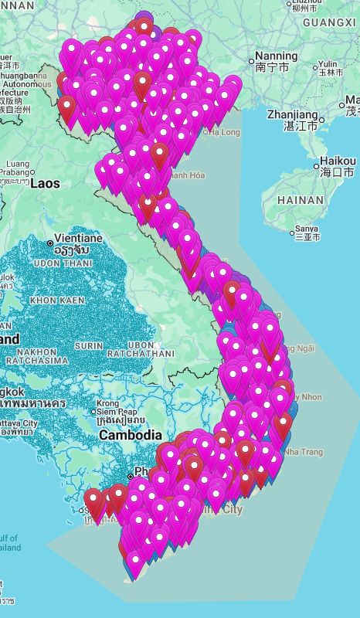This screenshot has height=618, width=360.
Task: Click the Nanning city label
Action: [x=277, y=56]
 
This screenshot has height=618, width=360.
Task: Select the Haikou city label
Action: [x=337, y=161]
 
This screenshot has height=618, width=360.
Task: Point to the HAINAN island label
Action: [x=300, y=199]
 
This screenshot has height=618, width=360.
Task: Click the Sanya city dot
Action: [x=293, y=232]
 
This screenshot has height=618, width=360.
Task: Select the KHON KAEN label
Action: [x=57, y=299]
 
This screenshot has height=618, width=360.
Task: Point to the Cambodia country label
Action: [x=130, y=435]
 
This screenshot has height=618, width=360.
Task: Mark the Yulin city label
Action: [x=328, y=63]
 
